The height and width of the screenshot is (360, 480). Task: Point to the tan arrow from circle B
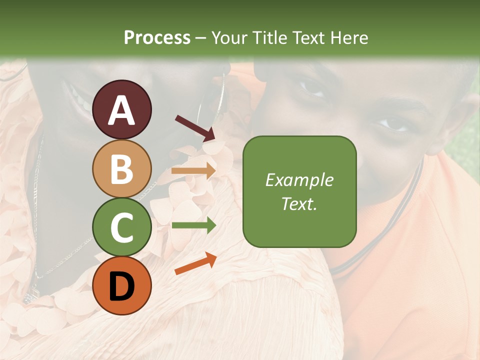click(x=193, y=171)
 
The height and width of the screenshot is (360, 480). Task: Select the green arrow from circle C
click(x=193, y=225)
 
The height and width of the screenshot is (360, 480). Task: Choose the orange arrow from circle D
click(x=195, y=263)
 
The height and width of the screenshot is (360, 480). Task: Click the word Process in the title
click(x=157, y=37)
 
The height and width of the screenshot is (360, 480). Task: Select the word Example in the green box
click(x=299, y=180)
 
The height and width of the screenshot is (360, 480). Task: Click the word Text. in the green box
click(x=299, y=203)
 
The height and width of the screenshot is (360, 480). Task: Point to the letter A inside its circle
click(x=122, y=110)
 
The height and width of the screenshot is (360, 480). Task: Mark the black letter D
click(x=122, y=286)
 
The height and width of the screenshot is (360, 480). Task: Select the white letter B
click(x=122, y=169)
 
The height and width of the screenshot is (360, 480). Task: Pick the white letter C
click(x=122, y=227)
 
